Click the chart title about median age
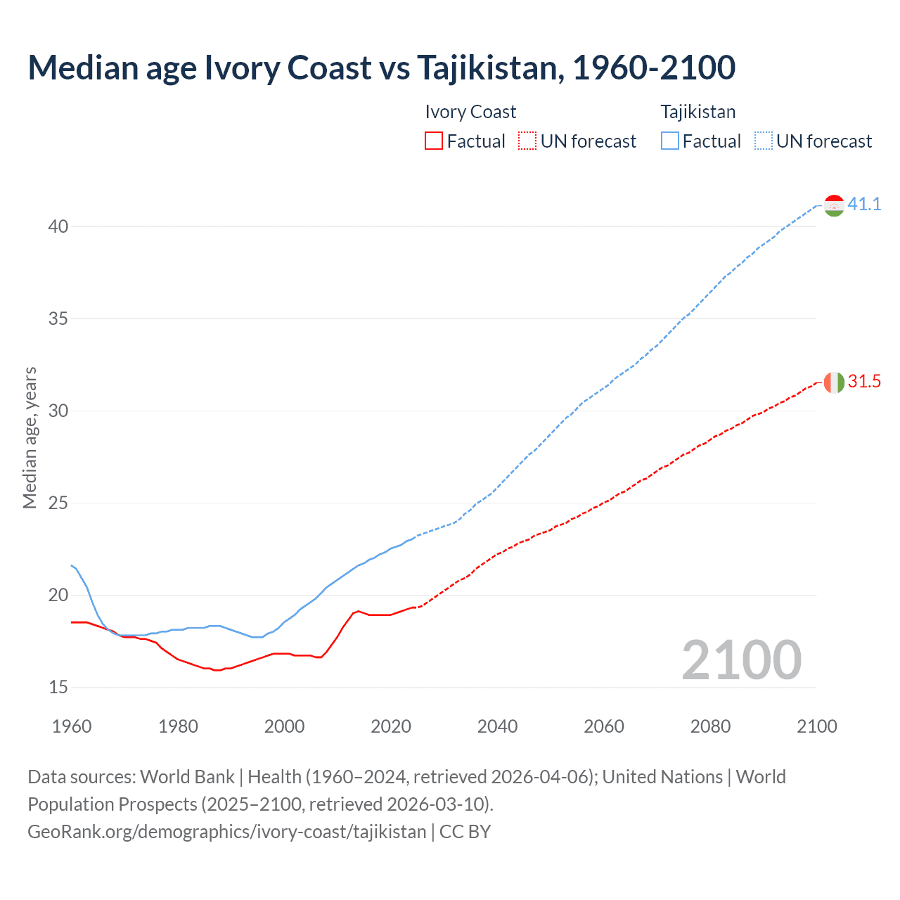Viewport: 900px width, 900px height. [x=381, y=67]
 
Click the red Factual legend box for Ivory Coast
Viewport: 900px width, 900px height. [x=434, y=141]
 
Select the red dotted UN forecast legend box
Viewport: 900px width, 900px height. [x=527, y=141]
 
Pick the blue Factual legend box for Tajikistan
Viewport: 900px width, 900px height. [x=669, y=141]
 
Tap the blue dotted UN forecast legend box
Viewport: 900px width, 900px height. [x=763, y=141]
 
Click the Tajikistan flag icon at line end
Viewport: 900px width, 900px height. [x=834, y=205]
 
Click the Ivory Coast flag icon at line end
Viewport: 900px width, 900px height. [x=834, y=382]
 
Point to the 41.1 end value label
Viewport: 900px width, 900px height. [x=864, y=205]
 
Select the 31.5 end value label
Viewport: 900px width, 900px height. [x=864, y=382]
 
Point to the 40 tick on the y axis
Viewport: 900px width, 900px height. [x=58, y=226]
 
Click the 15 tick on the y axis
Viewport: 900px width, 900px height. [x=58, y=687]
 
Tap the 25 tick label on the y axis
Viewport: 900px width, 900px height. [x=58, y=503]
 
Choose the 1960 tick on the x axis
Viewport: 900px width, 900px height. [x=72, y=726]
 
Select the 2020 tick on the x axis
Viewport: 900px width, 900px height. [x=391, y=726]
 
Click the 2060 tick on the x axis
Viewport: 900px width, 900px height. [x=604, y=726]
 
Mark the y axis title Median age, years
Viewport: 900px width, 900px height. [x=30, y=437]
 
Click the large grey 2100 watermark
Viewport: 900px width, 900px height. [x=741, y=660]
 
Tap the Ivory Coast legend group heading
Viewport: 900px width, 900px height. [x=470, y=112]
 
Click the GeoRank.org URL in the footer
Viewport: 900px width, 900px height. [x=226, y=832]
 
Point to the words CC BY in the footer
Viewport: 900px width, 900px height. [x=465, y=832]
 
